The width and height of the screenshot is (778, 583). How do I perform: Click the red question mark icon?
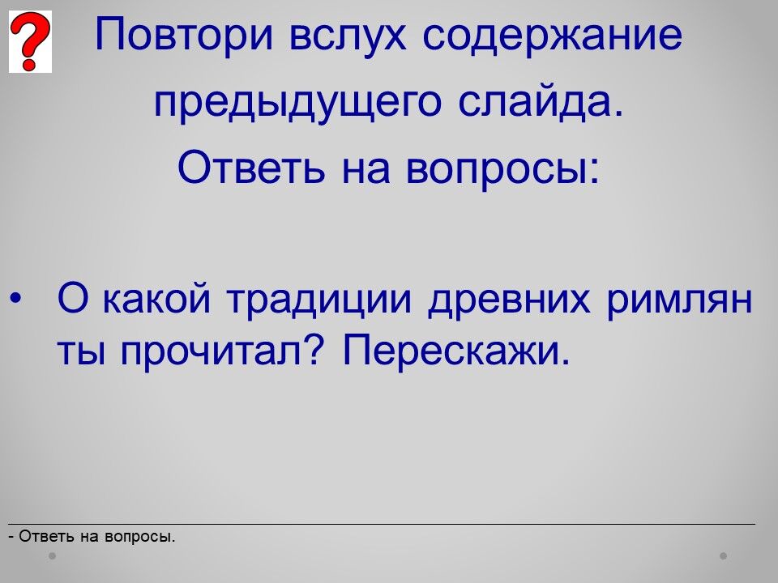pyautogui.click(x=30, y=41)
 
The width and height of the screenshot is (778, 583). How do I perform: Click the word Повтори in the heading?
pyautogui.click(x=184, y=35)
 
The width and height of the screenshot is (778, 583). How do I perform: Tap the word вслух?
pyautogui.click(x=348, y=35)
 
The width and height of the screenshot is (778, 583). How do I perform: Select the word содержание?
pyautogui.click(x=552, y=36)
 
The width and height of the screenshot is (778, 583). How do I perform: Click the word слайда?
pyautogui.click(x=541, y=102)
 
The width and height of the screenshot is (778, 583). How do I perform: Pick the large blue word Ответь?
pyautogui.click(x=251, y=167)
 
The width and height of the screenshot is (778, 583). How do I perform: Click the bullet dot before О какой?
pyautogui.click(x=15, y=299)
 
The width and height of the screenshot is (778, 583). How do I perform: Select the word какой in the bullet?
pyautogui.click(x=156, y=299)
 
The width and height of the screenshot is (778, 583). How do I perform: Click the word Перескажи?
pyautogui.click(x=456, y=350)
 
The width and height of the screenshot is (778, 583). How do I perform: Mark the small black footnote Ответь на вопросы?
pyautogui.click(x=92, y=536)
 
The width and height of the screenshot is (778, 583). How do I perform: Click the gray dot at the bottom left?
pyautogui.click(x=52, y=555)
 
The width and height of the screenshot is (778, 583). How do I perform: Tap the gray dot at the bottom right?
pyautogui.click(x=724, y=555)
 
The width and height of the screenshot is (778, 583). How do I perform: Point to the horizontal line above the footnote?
pyautogui.click(x=382, y=524)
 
